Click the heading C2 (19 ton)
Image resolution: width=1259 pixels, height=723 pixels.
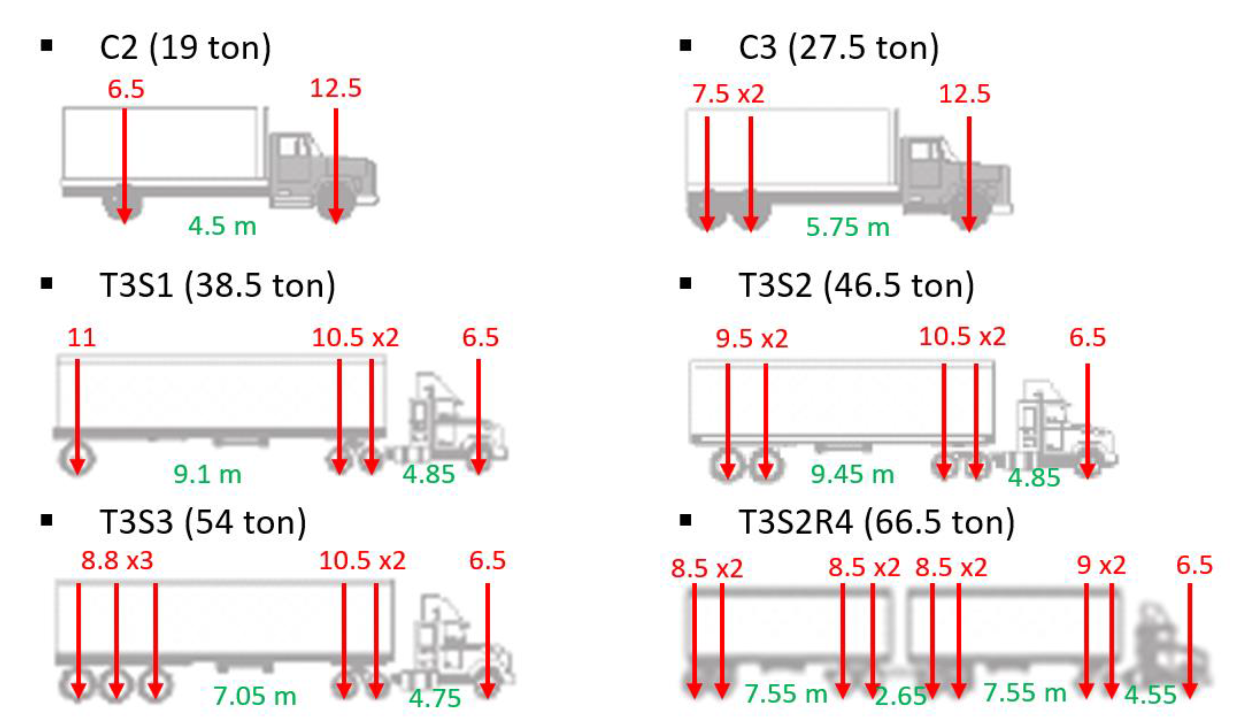point(185,48)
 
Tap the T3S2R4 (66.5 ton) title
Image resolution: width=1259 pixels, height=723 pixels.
point(877,522)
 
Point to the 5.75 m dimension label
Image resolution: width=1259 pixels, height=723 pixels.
point(848,227)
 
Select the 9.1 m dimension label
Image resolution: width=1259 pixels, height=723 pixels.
point(207,474)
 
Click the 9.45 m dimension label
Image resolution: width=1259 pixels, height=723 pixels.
point(852,474)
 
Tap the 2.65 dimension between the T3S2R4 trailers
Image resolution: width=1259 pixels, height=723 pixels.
point(901,696)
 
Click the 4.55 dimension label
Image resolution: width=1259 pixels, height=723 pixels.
point(1150,695)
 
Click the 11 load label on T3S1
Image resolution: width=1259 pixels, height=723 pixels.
point(81,338)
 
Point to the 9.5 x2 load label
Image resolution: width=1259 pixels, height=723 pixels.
point(752,339)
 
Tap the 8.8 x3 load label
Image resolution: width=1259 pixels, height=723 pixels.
point(117,561)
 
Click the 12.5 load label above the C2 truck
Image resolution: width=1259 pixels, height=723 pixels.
point(335,89)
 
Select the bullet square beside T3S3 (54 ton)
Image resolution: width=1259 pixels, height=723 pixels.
point(47,520)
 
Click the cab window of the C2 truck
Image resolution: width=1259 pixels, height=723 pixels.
point(288,146)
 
